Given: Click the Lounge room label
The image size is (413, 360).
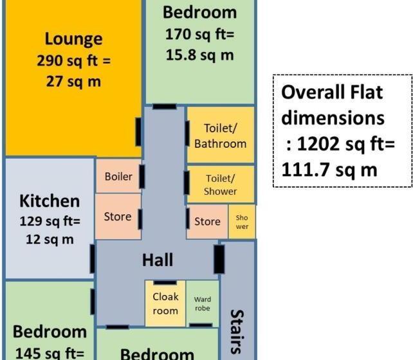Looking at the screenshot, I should tap(73, 39).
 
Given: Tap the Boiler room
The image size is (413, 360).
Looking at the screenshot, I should tap(118, 176).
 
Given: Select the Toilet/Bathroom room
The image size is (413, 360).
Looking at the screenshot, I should tap(220, 136).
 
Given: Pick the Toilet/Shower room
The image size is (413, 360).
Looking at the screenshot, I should tap(220, 184).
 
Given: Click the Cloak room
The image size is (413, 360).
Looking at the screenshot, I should tap(165, 303).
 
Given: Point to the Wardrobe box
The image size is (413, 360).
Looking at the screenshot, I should tap(202, 303).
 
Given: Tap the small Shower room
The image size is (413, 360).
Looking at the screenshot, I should tap(242, 222).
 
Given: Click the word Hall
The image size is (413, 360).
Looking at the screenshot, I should tap(158, 260).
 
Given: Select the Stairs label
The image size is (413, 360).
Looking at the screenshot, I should tap(237, 331).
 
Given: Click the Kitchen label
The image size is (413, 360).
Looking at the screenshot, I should tap(50, 201).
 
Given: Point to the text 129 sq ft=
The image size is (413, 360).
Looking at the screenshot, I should tap(50, 221).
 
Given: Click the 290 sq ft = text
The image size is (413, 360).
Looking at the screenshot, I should tap(73, 61).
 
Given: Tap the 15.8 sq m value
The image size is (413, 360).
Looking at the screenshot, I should tap(199, 55).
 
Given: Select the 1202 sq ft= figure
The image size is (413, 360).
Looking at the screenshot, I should tap(342, 144).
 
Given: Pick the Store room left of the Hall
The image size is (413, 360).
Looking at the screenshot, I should tap(118, 217).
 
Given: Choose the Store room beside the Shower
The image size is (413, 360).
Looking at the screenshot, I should tap(207, 222).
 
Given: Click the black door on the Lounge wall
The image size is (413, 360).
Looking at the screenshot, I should tap(138, 132).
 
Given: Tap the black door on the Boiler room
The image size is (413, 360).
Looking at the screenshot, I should tap(142, 176).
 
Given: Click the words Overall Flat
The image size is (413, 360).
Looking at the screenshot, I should tap(332, 93).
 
